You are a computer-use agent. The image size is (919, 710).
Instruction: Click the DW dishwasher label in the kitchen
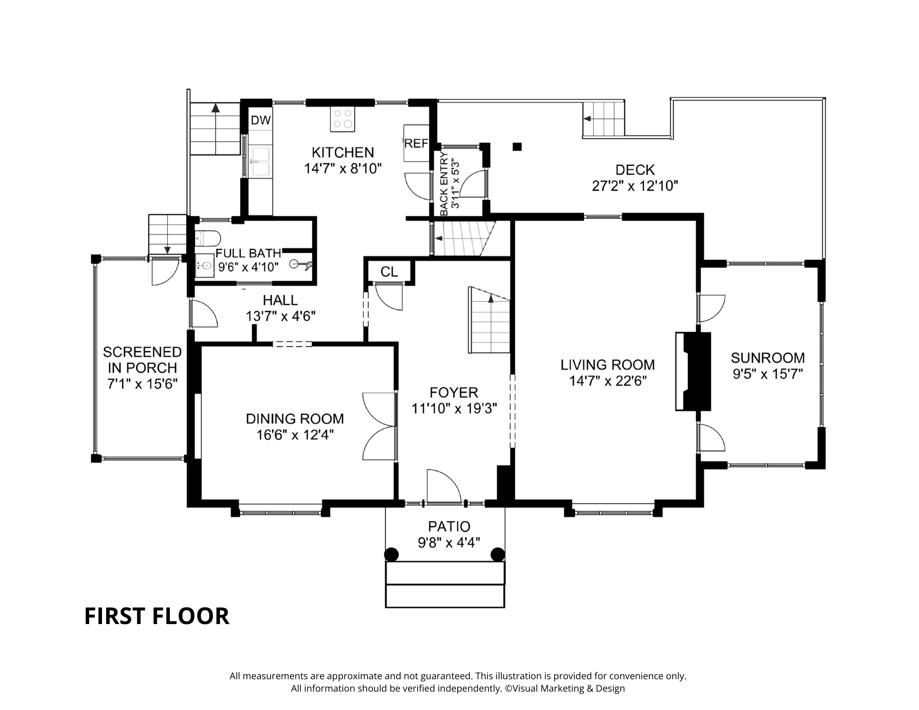(x=261, y=120)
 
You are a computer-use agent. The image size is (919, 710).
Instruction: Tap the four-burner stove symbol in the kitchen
(x=343, y=119)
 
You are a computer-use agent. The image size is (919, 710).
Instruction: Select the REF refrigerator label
(x=416, y=144)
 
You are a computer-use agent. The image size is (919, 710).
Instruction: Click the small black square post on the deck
(x=517, y=147)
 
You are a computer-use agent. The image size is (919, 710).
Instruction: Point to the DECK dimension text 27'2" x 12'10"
(x=635, y=186)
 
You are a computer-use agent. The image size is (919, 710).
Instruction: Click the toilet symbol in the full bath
(x=208, y=238)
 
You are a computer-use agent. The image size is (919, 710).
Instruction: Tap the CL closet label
(x=389, y=272)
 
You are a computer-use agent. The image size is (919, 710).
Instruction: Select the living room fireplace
(x=693, y=371)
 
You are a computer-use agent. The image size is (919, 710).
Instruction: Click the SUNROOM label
(x=768, y=358)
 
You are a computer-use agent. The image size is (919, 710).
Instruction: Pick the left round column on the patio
(x=391, y=555)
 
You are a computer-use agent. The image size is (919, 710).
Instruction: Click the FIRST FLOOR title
(x=157, y=616)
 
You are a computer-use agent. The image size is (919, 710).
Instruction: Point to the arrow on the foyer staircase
(x=491, y=299)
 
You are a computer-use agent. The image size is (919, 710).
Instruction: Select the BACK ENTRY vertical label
(x=444, y=184)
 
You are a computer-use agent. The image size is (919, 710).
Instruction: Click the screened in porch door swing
(x=164, y=272)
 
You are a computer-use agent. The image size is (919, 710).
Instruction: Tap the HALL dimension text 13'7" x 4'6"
(x=281, y=316)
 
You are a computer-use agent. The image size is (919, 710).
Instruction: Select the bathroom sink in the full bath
(x=205, y=266)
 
